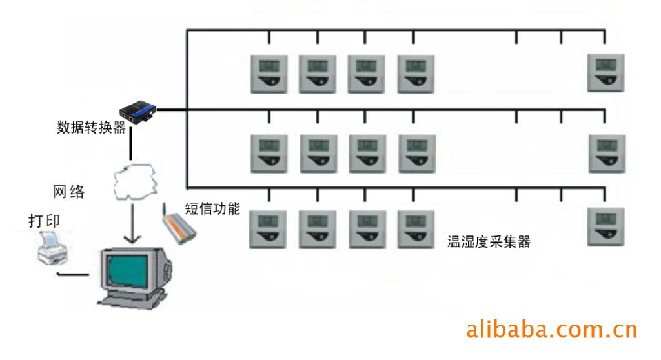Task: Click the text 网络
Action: coord(68,191)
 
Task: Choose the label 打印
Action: coord(45,220)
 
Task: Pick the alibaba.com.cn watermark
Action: coord(551,330)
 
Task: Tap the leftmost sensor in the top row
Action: coord(269,73)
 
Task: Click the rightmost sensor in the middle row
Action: coord(606,154)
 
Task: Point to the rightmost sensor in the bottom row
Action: coord(605,227)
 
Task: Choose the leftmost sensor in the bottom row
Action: coord(269,230)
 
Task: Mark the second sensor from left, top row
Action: coord(317,73)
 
